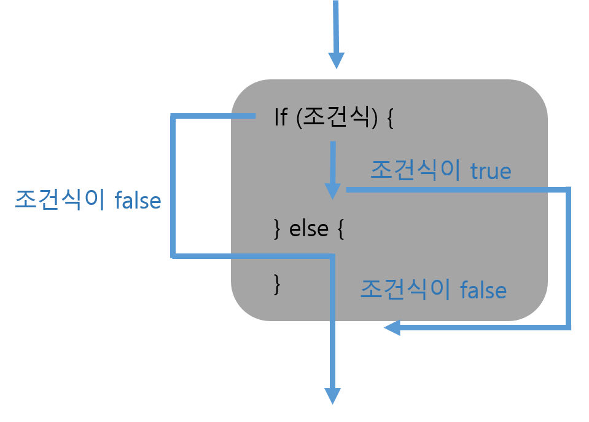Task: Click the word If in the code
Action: (281, 117)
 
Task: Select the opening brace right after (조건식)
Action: (389, 118)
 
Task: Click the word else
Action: (309, 229)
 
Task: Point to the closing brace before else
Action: (277, 230)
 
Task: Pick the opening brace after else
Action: (340, 230)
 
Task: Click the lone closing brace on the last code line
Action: (277, 283)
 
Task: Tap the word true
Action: (491, 171)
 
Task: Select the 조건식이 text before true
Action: (415, 170)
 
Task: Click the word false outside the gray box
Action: (138, 201)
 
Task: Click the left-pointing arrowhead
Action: (392, 328)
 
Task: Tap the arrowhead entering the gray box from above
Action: (336, 60)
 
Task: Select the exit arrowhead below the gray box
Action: (332, 396)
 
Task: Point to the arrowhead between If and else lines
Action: (332, 190)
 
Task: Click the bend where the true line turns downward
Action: (568, 190)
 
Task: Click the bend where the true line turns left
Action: (568, 328)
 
